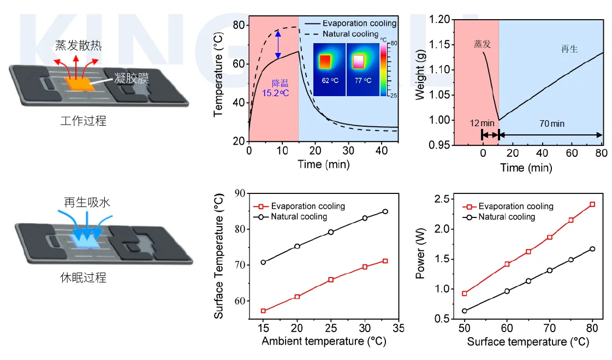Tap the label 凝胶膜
[x=132, y=78]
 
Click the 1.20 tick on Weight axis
[x=439, y=20]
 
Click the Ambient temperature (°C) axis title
[x=324, y=341]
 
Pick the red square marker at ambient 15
[x=263, y=311]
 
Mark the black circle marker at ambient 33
[x=385, y=211]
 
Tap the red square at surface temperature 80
[x=592, y=204]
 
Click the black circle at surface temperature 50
[x=464, y=311]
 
